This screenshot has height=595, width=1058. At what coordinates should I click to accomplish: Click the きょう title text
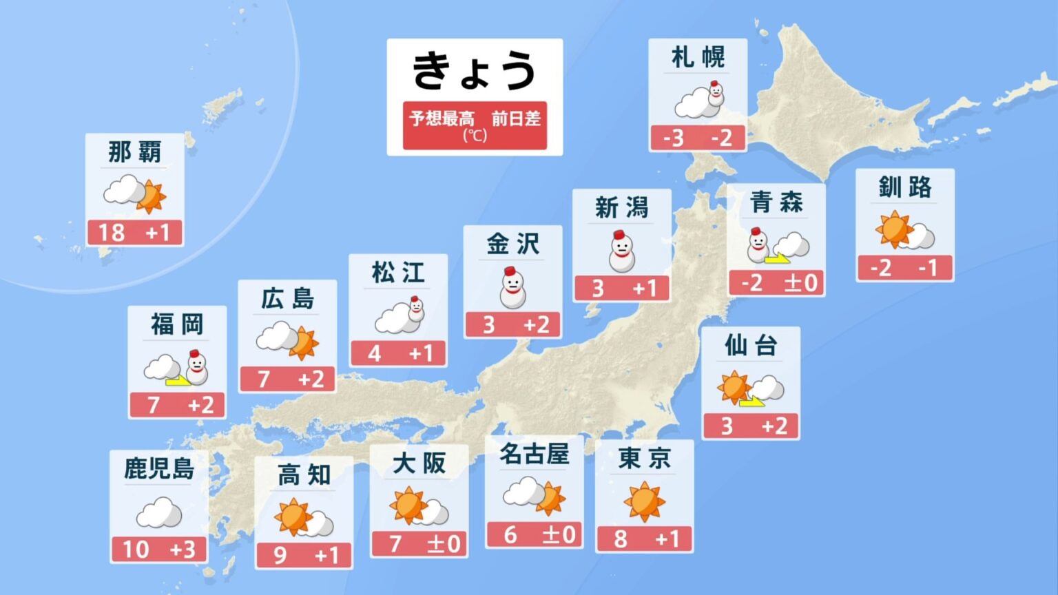(x=474, y=71)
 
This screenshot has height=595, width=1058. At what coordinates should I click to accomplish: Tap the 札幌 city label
(x=698, y=57)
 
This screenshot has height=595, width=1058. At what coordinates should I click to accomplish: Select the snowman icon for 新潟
(x=621, y=251)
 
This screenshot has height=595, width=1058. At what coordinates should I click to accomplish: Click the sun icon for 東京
(x=644, y=501)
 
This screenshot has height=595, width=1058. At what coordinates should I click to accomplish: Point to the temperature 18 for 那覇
(x=112, y=232)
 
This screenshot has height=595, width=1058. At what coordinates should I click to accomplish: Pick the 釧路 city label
(x=904, y=187)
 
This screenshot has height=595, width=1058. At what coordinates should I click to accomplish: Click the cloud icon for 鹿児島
(x=159, y=512)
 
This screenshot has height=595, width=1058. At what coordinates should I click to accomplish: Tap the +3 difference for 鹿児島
(x=183, y=550)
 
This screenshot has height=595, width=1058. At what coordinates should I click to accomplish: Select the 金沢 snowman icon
(x=512, y=288)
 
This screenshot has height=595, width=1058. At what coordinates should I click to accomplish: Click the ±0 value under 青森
(x=800, y=282)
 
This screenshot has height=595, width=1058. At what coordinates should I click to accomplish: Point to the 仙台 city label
(x=750, y=345)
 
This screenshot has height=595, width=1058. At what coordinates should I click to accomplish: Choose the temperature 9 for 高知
(x=280, y=555)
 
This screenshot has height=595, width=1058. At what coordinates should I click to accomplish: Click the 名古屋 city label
(x=534, y=454)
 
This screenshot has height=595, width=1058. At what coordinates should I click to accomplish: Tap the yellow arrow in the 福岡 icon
(x=178, y=379)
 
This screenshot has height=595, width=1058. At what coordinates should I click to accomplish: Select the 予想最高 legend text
(x=442, y=118)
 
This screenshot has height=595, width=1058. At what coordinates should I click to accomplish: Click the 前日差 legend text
(x=516, y=118)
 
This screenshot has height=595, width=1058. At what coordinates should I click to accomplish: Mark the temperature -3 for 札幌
(x=673, y=138)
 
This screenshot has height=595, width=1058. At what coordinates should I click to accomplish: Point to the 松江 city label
(x=397, y=273)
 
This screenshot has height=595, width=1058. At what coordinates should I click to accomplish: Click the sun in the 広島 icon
(x=304, y=344)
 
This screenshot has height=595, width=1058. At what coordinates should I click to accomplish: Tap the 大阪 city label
(x=419, y=463)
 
